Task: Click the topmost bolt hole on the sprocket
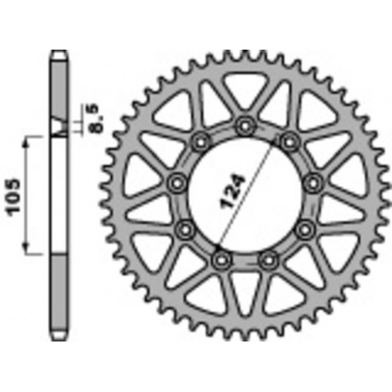point(246,126)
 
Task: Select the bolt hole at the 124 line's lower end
point(219,257)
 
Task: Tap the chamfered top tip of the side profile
point(59,54)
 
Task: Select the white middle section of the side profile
point(59,193)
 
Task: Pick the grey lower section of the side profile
point(59,291)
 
